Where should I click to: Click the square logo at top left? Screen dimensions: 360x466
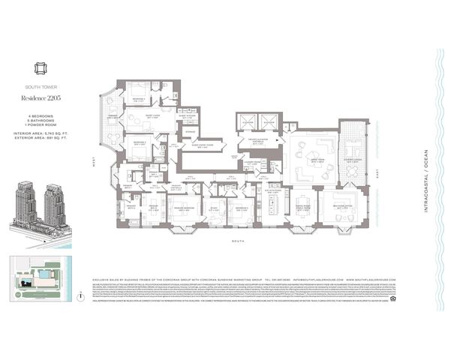pyautogui.click(x=35, y=71)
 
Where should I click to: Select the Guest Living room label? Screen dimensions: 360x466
pyautogui.click(x=152, y=116)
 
